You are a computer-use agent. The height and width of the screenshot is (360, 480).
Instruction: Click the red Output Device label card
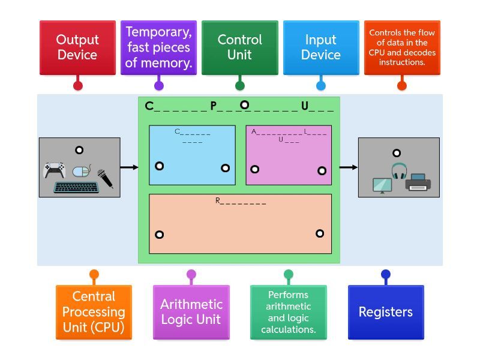[x=77, y=47]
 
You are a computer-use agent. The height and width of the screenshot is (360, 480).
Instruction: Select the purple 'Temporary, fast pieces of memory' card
[x=158, y=47]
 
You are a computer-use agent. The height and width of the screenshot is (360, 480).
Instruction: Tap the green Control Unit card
[x=239, y=47]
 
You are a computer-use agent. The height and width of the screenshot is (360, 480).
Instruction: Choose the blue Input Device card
[x=321, y=47]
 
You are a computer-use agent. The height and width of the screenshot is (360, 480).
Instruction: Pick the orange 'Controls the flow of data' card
[x=402, y=47]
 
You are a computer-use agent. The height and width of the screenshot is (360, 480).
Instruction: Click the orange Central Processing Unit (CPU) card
[x=94, y=312]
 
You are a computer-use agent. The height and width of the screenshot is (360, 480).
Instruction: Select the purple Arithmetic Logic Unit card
[x=191, y=312]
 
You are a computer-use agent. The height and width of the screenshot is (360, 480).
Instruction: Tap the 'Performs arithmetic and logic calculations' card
[x=288, y=312]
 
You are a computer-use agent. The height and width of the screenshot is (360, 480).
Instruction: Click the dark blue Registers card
[x=386, y=312]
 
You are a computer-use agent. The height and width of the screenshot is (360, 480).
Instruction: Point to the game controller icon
[x=54, y=170]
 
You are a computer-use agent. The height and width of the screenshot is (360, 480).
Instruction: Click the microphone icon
[x=105, y=178]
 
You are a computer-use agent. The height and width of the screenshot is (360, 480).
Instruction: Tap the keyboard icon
[x=76, y=187]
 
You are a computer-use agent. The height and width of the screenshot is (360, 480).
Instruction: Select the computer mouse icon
[x=82, y=172]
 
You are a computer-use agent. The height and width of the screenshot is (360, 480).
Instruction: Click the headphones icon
[x=399, y=170]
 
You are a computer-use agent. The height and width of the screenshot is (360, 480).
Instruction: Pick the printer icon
[x=418, y=182]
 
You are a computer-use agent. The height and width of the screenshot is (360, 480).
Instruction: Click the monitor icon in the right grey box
[x=382, y=185]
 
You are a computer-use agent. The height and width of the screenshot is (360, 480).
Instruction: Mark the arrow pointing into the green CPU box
[x=129, y=167]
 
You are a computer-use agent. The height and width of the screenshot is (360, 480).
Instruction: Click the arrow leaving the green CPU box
[x=349, y=167]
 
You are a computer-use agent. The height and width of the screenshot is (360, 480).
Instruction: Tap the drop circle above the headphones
[x=397, y=153]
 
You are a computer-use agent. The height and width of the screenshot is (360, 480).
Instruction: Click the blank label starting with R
[x=241, y=202]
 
